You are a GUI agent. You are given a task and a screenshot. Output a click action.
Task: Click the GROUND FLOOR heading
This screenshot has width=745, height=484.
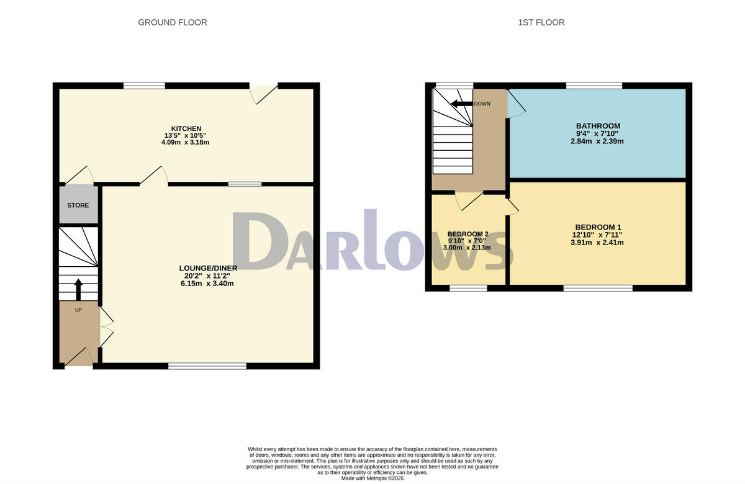point(172,22)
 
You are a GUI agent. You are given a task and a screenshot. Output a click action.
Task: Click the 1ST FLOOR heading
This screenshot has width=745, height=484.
point(541,22)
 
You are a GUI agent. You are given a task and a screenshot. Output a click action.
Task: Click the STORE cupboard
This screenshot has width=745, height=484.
point(78,205)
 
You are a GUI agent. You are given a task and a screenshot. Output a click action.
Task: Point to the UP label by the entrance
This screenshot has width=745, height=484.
point(78,309)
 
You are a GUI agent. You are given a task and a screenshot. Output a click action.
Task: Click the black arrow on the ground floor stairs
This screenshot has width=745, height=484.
point(78,289)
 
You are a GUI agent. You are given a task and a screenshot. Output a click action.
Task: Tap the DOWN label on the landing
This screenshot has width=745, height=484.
point(482,104)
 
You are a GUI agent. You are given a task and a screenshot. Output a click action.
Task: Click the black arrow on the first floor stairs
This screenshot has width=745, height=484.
point(461,104)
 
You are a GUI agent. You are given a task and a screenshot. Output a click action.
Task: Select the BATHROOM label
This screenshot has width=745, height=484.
point(598,126)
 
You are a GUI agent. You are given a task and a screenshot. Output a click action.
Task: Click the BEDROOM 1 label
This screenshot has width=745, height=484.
point(598,226)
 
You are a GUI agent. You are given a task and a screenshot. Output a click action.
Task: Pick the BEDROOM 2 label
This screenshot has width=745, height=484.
point(467,234)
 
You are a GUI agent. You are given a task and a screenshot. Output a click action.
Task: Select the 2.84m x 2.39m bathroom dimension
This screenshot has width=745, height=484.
point(598,141)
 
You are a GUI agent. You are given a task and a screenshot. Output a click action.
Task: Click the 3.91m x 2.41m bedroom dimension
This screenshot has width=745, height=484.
point(598,243)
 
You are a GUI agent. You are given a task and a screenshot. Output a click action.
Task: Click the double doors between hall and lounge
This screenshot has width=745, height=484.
point(107,327)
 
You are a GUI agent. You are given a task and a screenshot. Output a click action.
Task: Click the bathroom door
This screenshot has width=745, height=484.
point(517,105)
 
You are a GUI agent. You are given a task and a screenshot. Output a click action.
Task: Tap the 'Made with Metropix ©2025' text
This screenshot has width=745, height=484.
point(372,478)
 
